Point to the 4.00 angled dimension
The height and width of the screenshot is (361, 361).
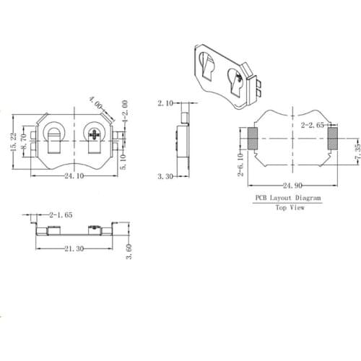pyautogui.click(x=95, y=103)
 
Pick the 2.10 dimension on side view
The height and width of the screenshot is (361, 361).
pyautogui.click(x=165, y=104)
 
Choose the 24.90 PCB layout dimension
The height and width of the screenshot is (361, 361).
pyautogui.click(x=289, y=185)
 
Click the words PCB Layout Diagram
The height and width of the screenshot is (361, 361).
pyautogui.click(x=288, y=197)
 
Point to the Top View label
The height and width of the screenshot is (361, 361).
pyautogui.click(x=289, y=207)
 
